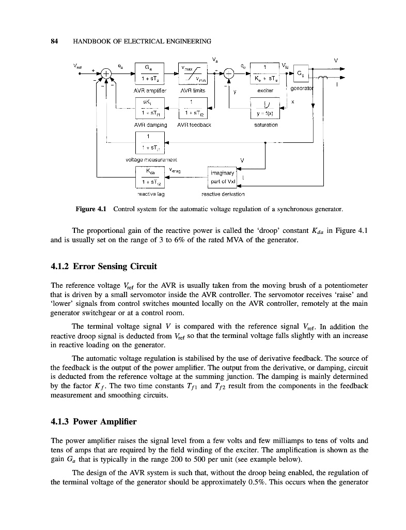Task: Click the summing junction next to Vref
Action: pos(106,73)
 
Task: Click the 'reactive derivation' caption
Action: pos(223,195)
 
